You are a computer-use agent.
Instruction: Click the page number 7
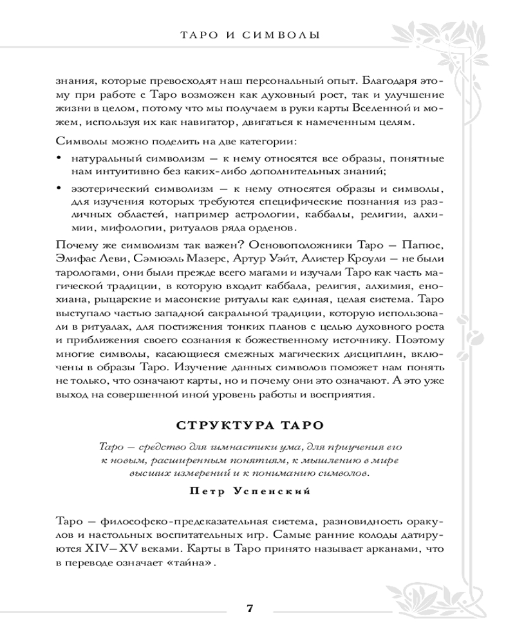point(250,609)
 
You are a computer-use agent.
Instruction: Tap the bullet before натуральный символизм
point(60,158)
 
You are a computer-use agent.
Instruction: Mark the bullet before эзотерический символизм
point(60,188)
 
